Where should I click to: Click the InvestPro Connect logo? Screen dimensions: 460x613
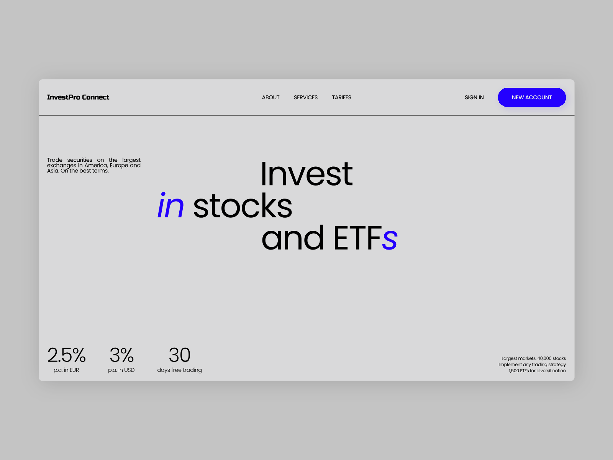78,97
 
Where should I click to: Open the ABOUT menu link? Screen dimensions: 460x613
270,97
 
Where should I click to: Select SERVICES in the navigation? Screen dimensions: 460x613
305,97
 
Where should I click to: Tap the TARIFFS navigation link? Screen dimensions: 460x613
341,97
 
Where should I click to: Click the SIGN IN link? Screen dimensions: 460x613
474,97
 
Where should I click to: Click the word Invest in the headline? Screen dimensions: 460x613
306,174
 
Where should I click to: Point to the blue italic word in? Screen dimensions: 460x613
171,206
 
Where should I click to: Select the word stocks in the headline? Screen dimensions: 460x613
243,206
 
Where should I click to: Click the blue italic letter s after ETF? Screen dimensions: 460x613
390,239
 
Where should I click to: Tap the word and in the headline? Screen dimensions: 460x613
293,238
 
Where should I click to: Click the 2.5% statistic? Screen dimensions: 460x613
66,355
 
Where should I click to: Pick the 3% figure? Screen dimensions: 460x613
121,355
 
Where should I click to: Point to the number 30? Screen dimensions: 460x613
179,355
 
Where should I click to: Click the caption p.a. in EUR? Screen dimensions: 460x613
66,370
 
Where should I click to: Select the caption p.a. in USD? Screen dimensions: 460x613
121,370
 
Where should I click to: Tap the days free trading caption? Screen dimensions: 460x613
179,370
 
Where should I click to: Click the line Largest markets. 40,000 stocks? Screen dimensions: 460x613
533,358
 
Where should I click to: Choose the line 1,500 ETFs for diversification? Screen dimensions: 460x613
537,371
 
